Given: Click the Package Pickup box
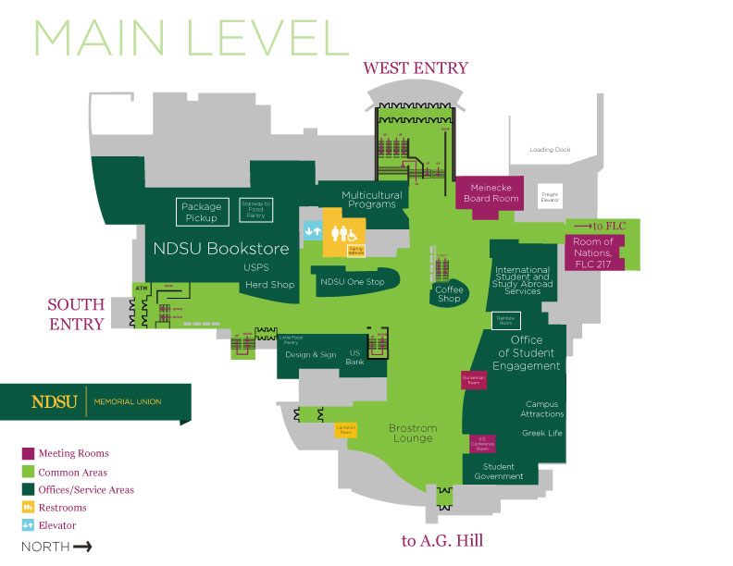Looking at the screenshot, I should tap(201, 212).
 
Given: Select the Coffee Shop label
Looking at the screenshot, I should tap(449, 293).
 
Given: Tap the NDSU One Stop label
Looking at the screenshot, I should tap(351, 281).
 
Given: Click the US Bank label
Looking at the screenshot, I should tap(354, 358).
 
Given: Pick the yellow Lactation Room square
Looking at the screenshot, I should tap(346, 430).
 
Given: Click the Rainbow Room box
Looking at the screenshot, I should tap(506, 321).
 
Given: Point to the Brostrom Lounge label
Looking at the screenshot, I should tap(412, 433).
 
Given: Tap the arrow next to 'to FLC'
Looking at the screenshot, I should tap(584, 226).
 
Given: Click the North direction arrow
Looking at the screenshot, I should tap(82, 547).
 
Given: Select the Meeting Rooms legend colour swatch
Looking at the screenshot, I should tap(29, 453).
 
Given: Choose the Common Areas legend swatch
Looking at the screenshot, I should tap(29, 472).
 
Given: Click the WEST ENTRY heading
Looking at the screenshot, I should tap(416, 68).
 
